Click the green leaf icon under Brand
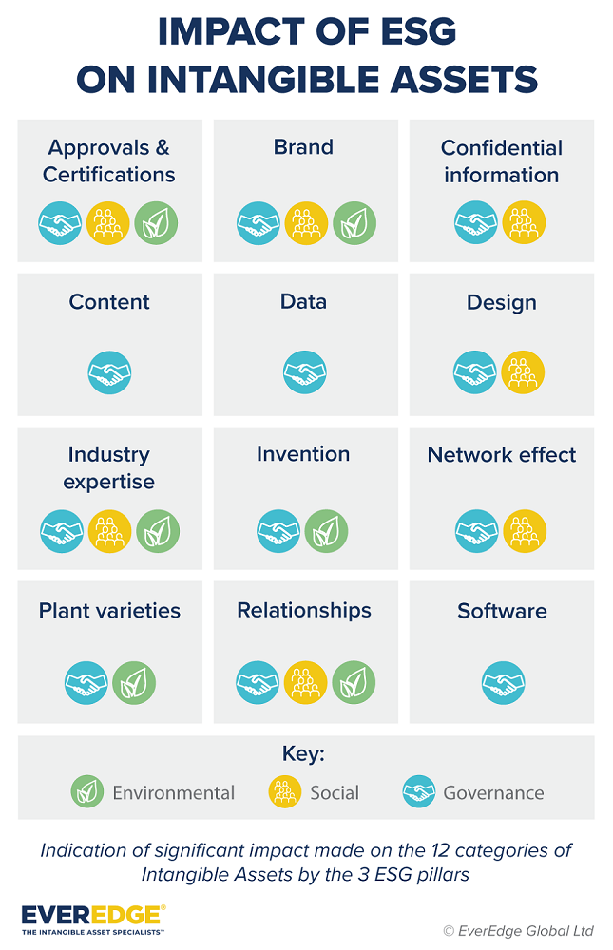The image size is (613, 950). [354, 223]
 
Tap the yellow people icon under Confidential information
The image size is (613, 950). [524, 223]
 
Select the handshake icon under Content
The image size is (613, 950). [109, 373]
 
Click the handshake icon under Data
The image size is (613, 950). [305, 373]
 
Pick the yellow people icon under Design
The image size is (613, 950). [524, 373]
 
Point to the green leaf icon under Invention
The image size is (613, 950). [327, 531]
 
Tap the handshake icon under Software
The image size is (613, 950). [503, 683]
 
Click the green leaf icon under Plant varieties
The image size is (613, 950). [134, 683]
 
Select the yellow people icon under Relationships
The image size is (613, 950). [305, 683]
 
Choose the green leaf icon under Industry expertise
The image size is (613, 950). [158, 531]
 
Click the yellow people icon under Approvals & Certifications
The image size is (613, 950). [109, 223]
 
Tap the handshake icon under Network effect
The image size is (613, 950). [476, 531]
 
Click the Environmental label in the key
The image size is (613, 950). [173, 792]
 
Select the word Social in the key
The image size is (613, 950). [335, 792]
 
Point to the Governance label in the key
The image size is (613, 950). [493, 792]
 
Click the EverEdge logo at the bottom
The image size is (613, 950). [93, 920]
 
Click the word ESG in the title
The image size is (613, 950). [411, 32]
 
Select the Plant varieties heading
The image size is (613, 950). [109, 610]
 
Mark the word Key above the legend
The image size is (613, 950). [304, 754]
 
